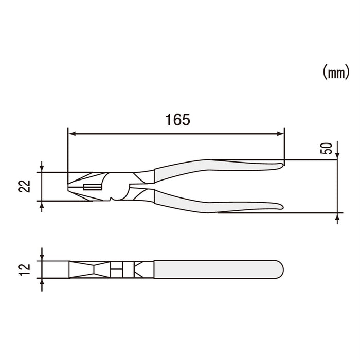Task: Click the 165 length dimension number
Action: (x=178, y=119)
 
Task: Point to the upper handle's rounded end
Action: (x=280, y=165)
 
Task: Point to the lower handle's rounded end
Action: (x=280, y=207)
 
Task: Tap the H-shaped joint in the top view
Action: (x=117, y=268)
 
